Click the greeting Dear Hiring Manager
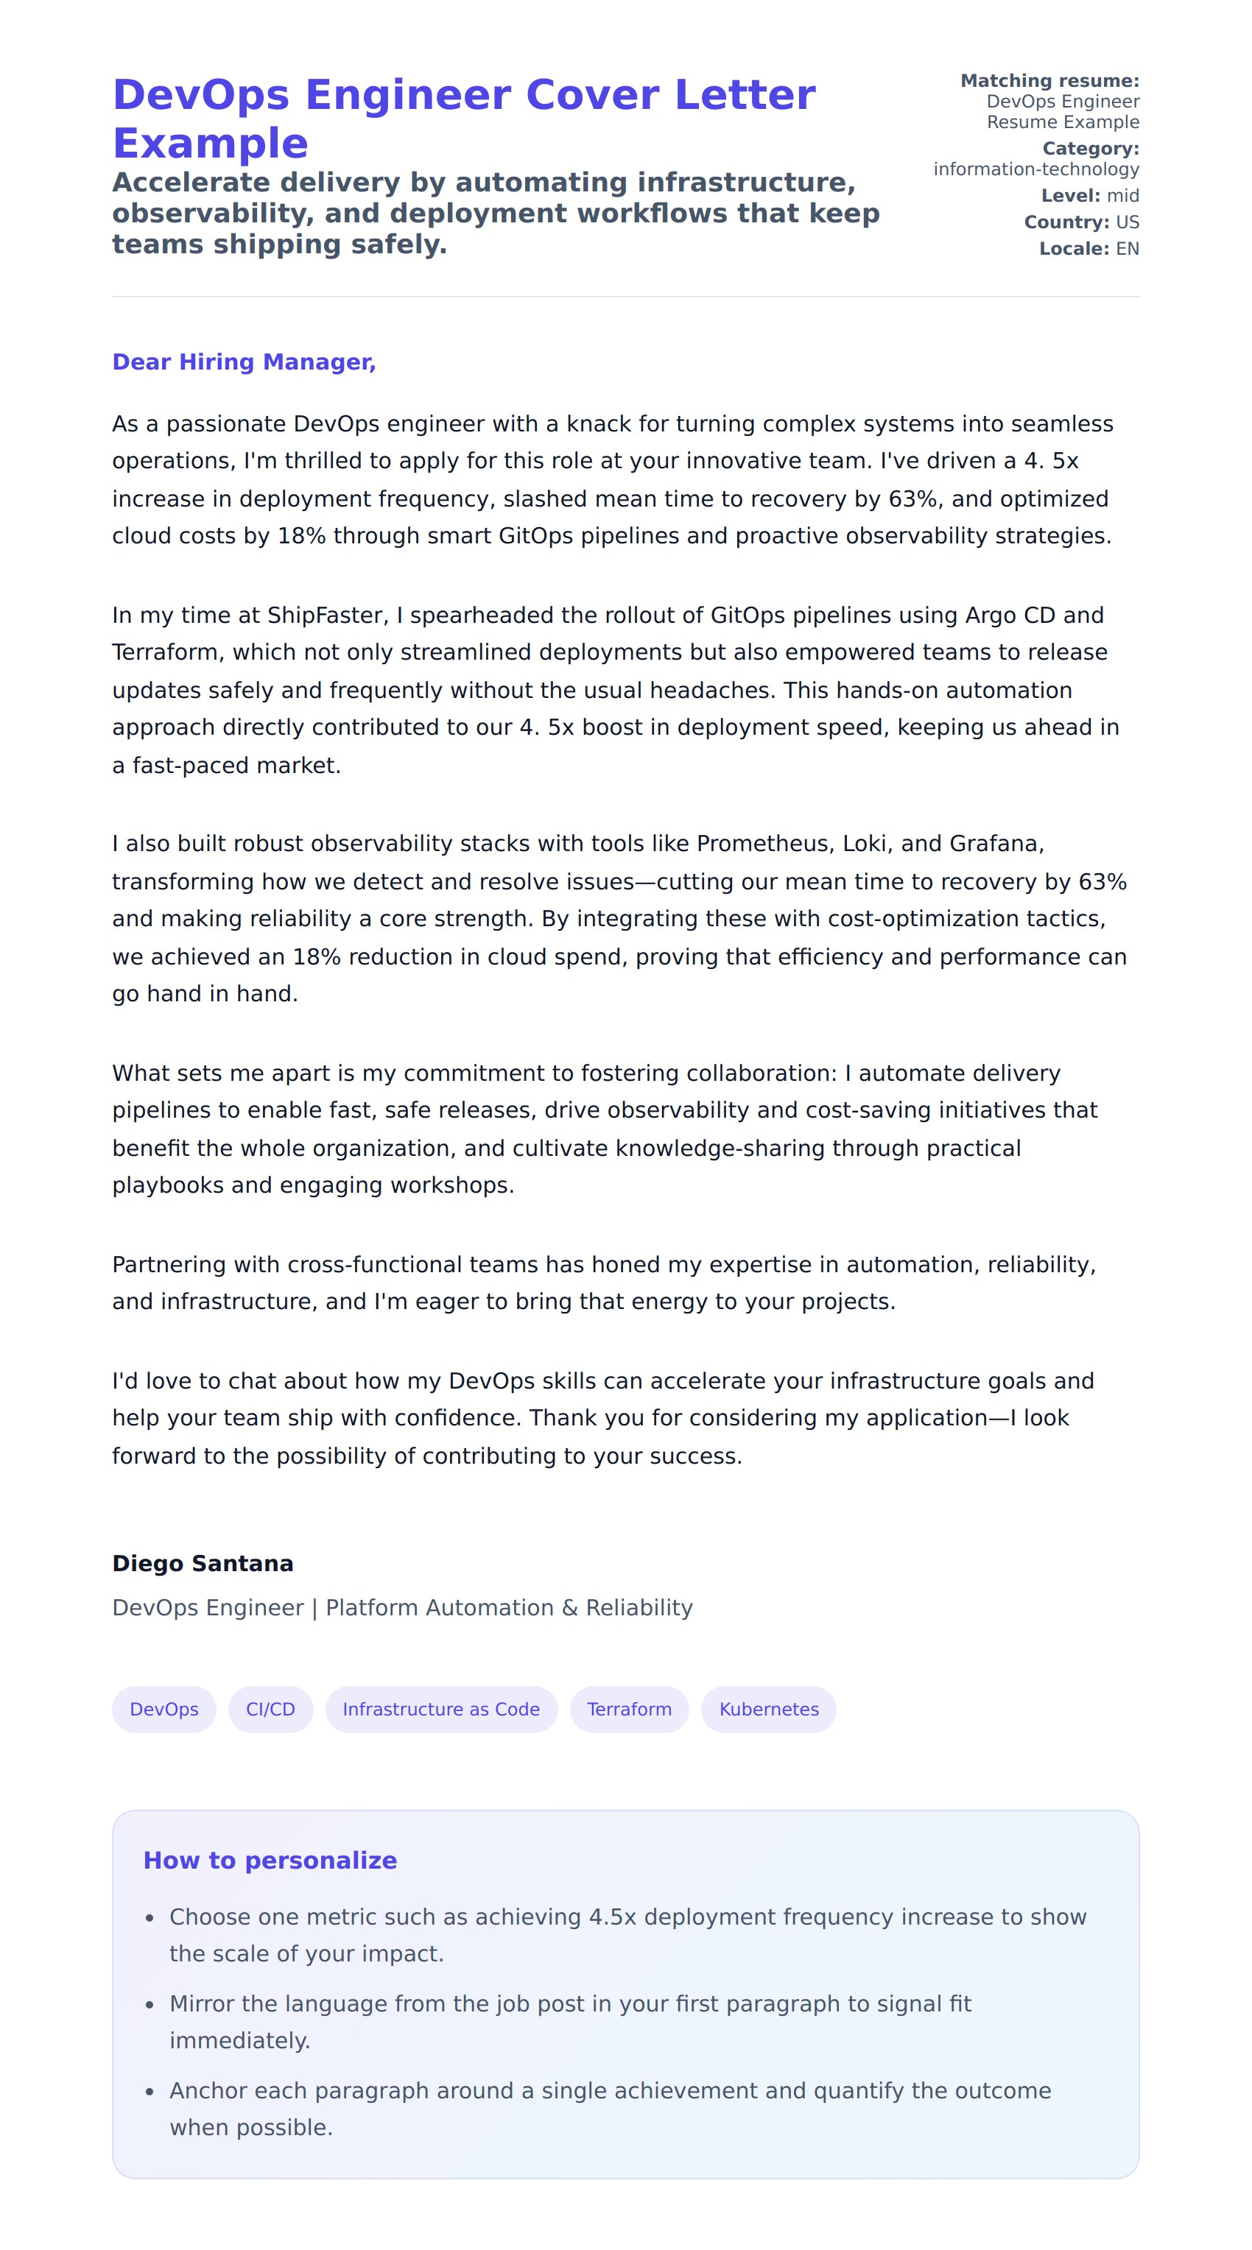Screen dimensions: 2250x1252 coord(244,362)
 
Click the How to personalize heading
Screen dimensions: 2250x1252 coord(270,1860)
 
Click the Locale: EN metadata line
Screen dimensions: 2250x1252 coord(1089,249)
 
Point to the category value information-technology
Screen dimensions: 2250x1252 coord(1035,169)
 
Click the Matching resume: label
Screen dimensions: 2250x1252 coord(1049,81)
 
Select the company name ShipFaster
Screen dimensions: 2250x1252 coord(324,615)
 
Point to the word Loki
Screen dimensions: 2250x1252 coord(864,843)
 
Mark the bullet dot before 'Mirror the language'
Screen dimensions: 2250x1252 coord(150,2005)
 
